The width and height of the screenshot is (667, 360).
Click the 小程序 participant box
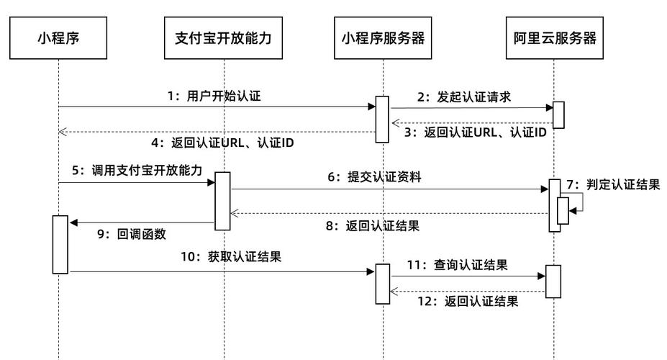point(58,38)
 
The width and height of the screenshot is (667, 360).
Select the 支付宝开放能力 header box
point(223,38)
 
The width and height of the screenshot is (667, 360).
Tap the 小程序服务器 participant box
point(383,38)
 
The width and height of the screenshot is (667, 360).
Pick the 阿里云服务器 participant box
point(555,38)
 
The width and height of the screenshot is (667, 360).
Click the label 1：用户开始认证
point(214,96)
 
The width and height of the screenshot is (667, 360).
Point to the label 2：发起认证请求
point(464,97)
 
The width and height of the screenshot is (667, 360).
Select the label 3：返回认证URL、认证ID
point(475,132)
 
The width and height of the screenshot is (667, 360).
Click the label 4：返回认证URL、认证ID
point(222,143)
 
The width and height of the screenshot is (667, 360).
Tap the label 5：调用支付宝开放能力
point(137,170)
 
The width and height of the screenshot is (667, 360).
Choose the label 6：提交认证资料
point(374,176)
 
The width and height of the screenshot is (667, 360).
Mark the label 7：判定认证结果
point(613,184)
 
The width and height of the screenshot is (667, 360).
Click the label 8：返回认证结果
point(373,225)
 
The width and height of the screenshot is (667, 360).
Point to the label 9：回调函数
point(132,234)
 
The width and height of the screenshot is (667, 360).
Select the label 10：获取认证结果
point(231,256)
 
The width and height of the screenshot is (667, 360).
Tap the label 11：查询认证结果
point(458,265)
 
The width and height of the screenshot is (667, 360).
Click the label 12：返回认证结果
point(468,301)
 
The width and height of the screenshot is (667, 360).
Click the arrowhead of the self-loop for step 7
point(573,211)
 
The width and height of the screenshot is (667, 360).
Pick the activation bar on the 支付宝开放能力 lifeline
point(222,202)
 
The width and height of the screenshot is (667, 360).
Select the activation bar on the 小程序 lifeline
point(60,245)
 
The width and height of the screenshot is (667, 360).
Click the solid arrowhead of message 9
point(73,222)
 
